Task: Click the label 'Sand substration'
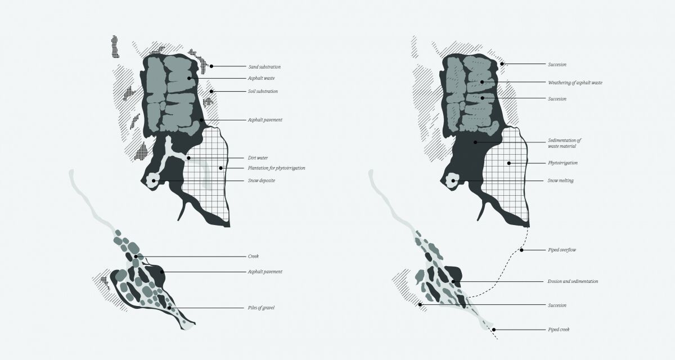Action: [264, 67]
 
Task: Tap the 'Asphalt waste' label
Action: [261, 78]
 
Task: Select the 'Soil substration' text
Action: [263, 91]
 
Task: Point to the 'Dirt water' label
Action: [258, 158]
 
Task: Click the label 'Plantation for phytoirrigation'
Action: [276, 168]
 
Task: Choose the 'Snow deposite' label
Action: [261, 181]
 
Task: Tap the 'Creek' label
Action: [253, 256]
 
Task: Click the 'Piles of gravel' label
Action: [261, 308]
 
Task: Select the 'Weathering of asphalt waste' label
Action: [575, 83]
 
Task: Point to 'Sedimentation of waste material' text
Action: [564, 143]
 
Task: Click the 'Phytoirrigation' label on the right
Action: [562, 163]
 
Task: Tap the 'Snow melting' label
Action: [560, 181]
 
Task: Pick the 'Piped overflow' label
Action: [562, 250]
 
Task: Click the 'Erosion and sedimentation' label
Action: [573, 281]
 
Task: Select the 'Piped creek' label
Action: [559, 330]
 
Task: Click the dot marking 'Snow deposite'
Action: [154, 181]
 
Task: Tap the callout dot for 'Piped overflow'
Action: [521, 250]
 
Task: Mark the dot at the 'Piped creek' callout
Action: [494, 330]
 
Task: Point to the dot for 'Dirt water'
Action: [188, 158]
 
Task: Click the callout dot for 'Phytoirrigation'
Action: [509, 163]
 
